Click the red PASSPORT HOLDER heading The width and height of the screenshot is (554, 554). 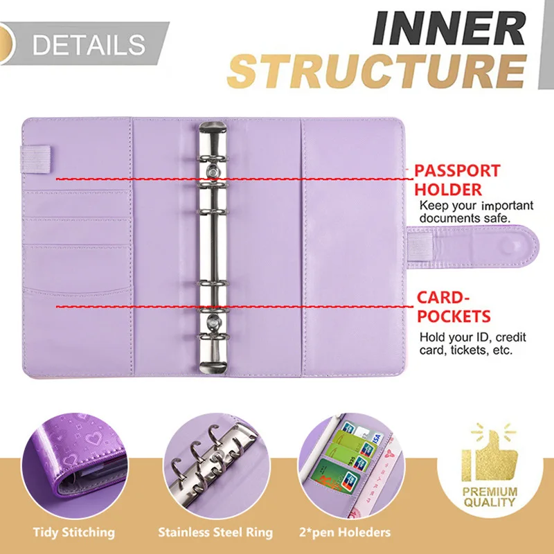(457, 180)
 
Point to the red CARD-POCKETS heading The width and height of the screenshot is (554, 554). (454, 307)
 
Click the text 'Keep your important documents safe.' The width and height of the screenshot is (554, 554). (475, 211)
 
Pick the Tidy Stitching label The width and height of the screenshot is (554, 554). (73, 533)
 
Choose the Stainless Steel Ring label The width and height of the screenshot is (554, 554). (215, 533)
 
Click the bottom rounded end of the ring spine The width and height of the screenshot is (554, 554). (214, 364)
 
